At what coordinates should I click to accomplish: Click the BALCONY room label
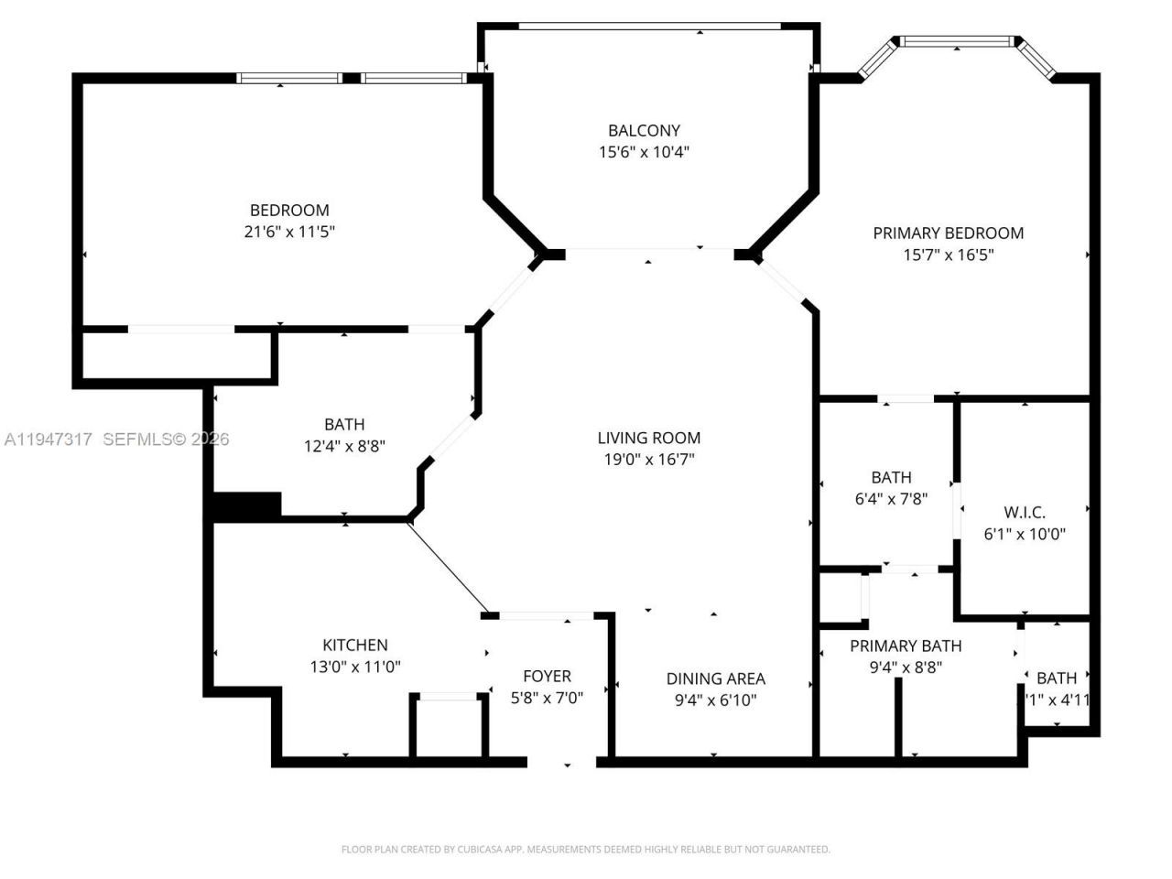click(644, 130)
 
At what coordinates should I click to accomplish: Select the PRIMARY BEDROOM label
click(948, 233)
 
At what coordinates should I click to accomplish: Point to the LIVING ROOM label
click(648, 438)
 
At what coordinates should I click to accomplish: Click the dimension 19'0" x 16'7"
click(648, 460)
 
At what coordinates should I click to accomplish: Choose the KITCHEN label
click(355, 645)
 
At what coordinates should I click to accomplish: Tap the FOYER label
click(547, 676)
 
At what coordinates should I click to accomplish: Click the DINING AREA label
click(715, 678)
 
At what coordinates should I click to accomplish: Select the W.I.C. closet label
click(1024, 512)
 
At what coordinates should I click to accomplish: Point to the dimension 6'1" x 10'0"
click(1024, 534)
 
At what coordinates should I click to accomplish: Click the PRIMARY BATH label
click(906, 646)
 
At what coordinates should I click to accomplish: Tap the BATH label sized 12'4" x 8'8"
click(344, 424)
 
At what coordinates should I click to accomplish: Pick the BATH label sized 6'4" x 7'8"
click(891, 477)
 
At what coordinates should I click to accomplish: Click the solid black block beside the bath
click(246, 505)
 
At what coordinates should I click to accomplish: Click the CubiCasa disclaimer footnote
click(586, 850)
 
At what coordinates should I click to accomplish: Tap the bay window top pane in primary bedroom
click(957, 41)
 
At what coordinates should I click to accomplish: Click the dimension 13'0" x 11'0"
click(355, 667)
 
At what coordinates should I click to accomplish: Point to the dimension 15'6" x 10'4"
click(644, 152)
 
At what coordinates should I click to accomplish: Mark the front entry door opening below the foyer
click(562, 761)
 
